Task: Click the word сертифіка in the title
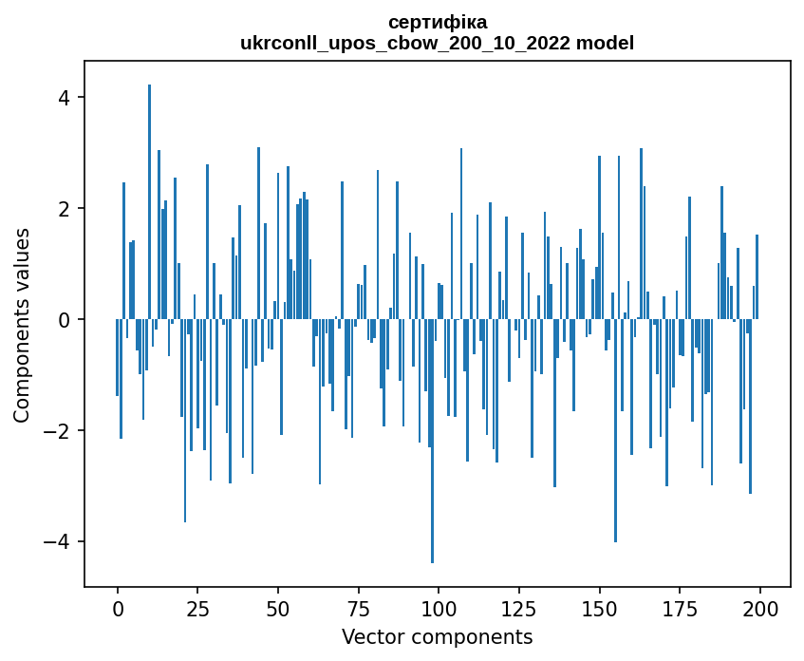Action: (x=438, y=22)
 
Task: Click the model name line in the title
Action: (x=438, y=43)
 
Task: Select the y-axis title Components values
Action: (x=22, y=325)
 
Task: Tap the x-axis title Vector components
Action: (x=438, y=636)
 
